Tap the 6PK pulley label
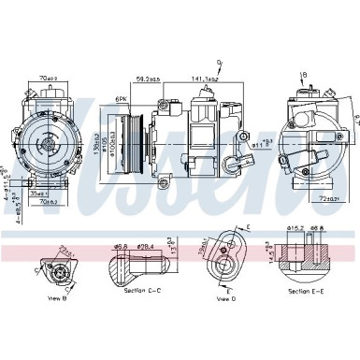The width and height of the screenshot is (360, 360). click(121, 99)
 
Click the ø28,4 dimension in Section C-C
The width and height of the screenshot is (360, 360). click(145, 247)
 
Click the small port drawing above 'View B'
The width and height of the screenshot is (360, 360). click(53, 272)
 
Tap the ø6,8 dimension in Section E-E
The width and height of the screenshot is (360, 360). click(317, 227)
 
